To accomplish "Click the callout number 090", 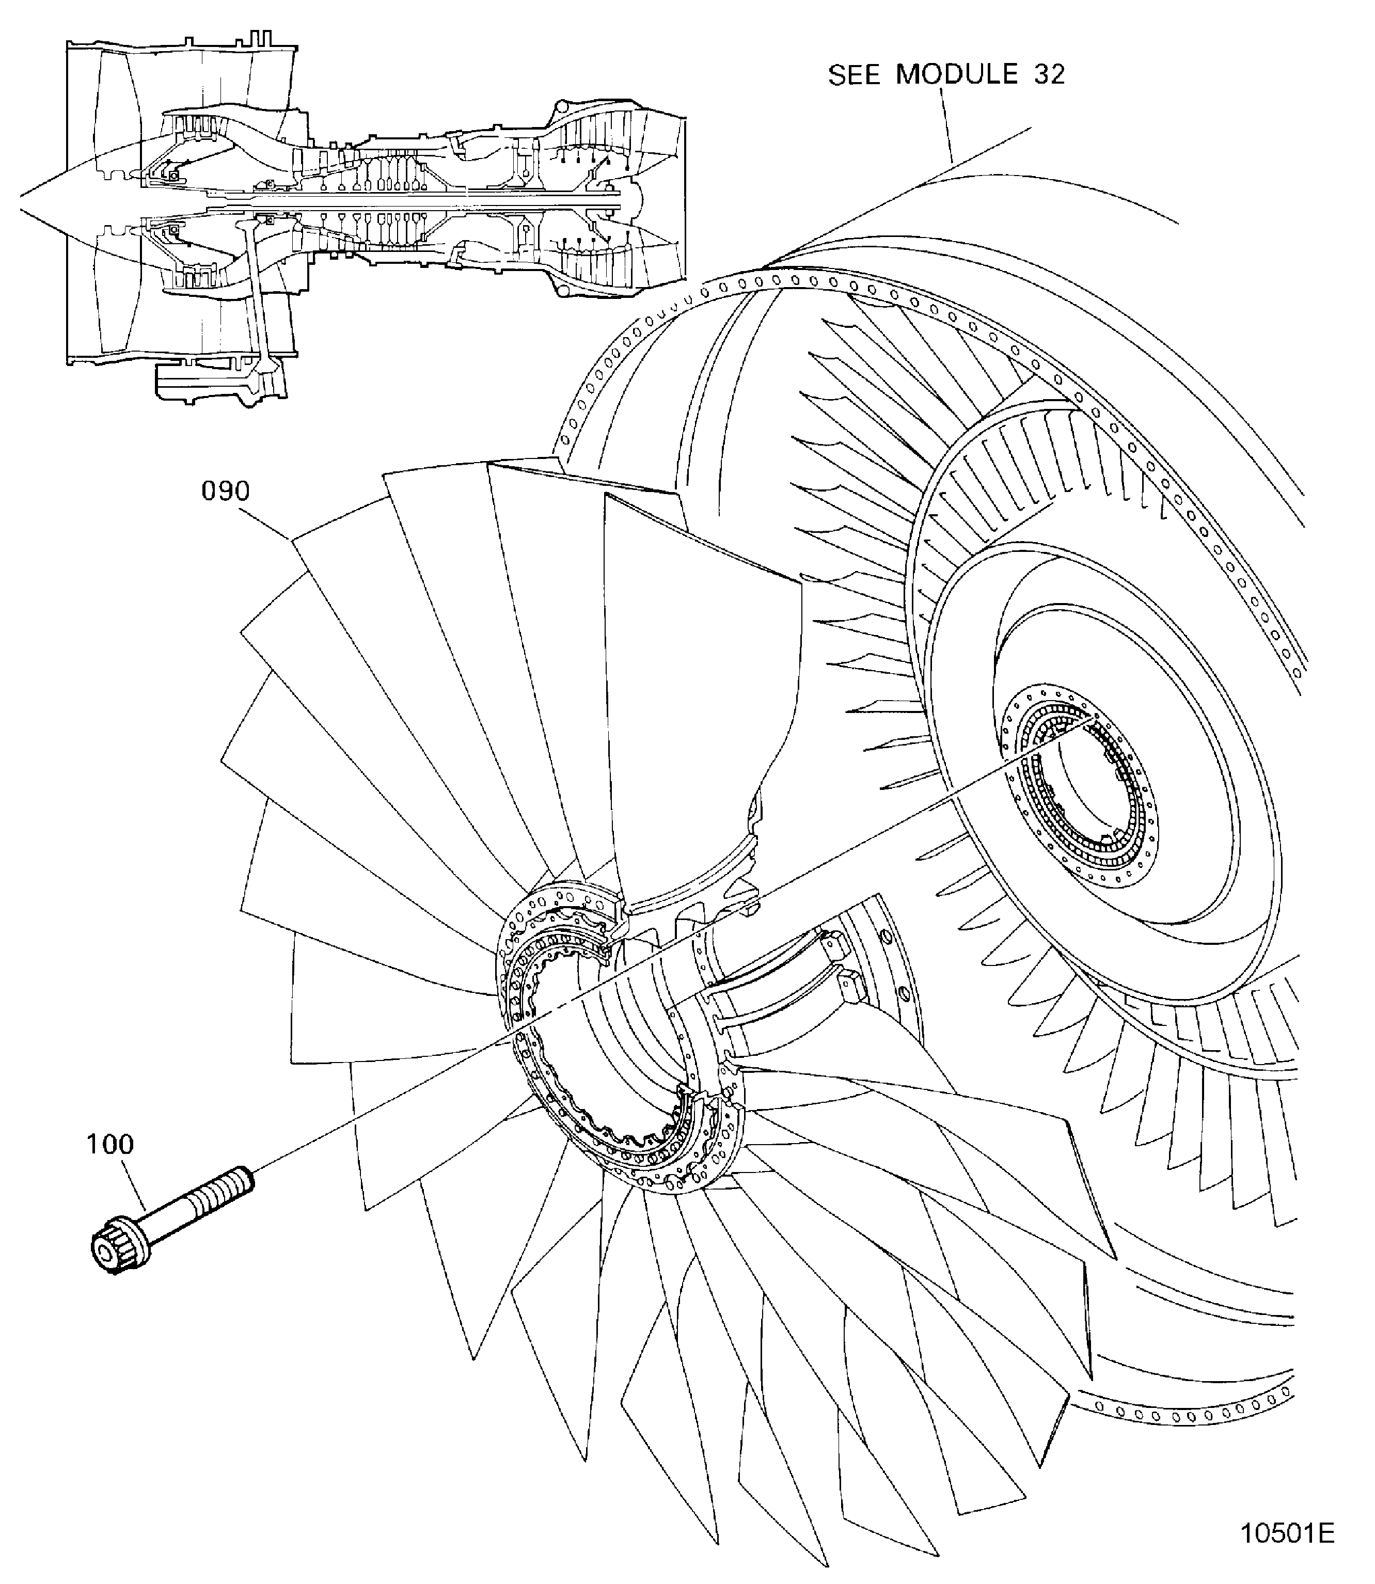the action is tap(226, 491).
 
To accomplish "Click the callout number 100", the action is tap(110, 1145).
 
